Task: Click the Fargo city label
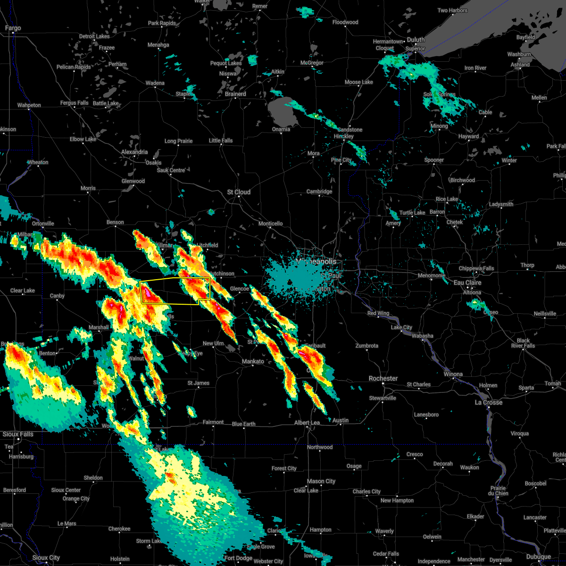point(13,28)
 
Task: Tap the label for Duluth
point(416,40)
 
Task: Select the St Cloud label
point(239,192)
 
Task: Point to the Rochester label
point(383,378)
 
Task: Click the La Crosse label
point(488,402)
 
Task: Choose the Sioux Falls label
point(18,434)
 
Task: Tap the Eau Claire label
point(467,283)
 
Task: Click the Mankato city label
point(253,361)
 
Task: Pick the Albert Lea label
point(307,423)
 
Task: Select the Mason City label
point(321,481)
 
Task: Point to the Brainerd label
point(235,94)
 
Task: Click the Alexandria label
point(134,152)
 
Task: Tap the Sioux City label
point(46,558)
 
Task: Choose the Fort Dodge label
point(238,558)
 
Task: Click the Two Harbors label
point(452,10)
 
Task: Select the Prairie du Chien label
point(498,491)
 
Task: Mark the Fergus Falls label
point(74,103)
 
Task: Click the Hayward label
point(468,136)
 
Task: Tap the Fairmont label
point(213,422)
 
